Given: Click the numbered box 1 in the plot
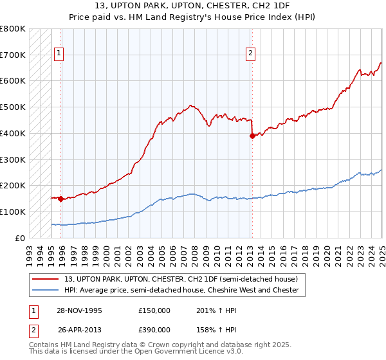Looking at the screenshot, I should tap(59, 53).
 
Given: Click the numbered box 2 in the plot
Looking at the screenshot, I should tap(250, 53).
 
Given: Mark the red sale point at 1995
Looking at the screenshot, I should tap(60, 199).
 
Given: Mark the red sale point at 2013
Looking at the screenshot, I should tap(252, 136).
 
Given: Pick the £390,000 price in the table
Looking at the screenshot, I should tap(154, 330).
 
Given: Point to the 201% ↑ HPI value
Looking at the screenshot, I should tap(208, 310).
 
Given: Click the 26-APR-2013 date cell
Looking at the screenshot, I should tap(80, 330).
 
